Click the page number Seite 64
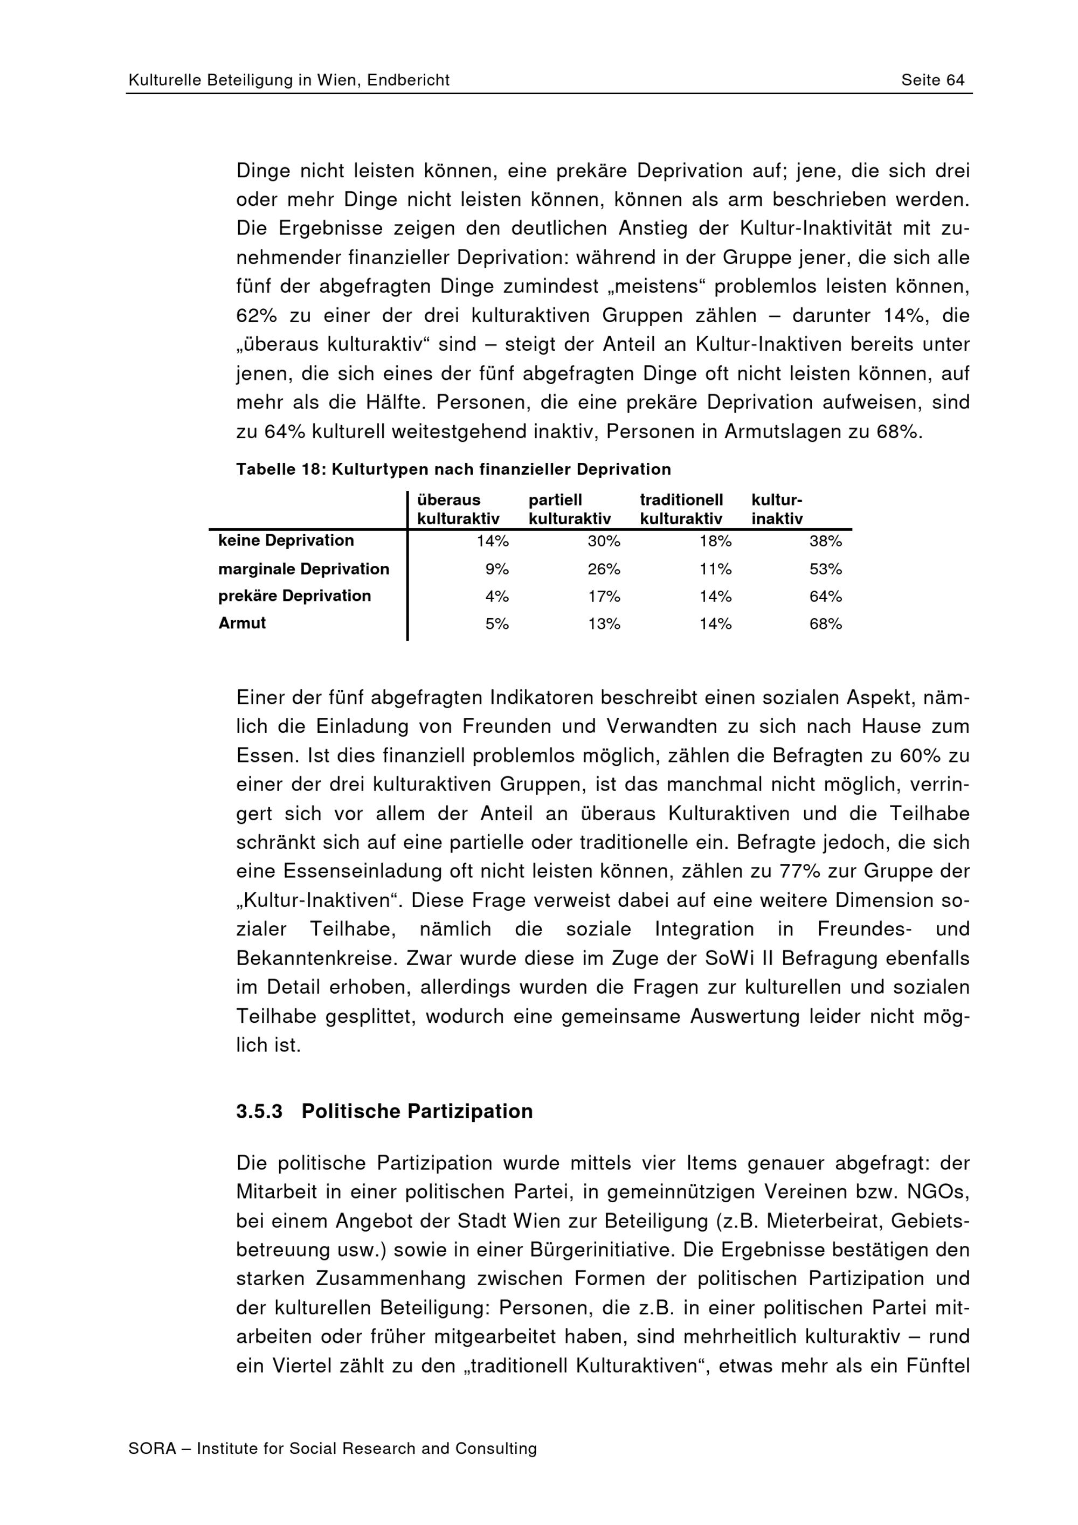pos(932,80)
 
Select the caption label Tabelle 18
pos(279,469)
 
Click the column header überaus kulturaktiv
pos(458,509)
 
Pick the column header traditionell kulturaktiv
pos(681,509)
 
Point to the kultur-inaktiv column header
pos(777,509)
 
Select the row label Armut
pos(242,623)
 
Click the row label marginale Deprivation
pos(303,569)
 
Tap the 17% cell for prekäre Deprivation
pos(603,597)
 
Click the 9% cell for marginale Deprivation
pos(496,569)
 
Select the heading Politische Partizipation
pos(417,1112)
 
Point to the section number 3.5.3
pos(259,1112)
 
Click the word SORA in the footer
pos(152,1448)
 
